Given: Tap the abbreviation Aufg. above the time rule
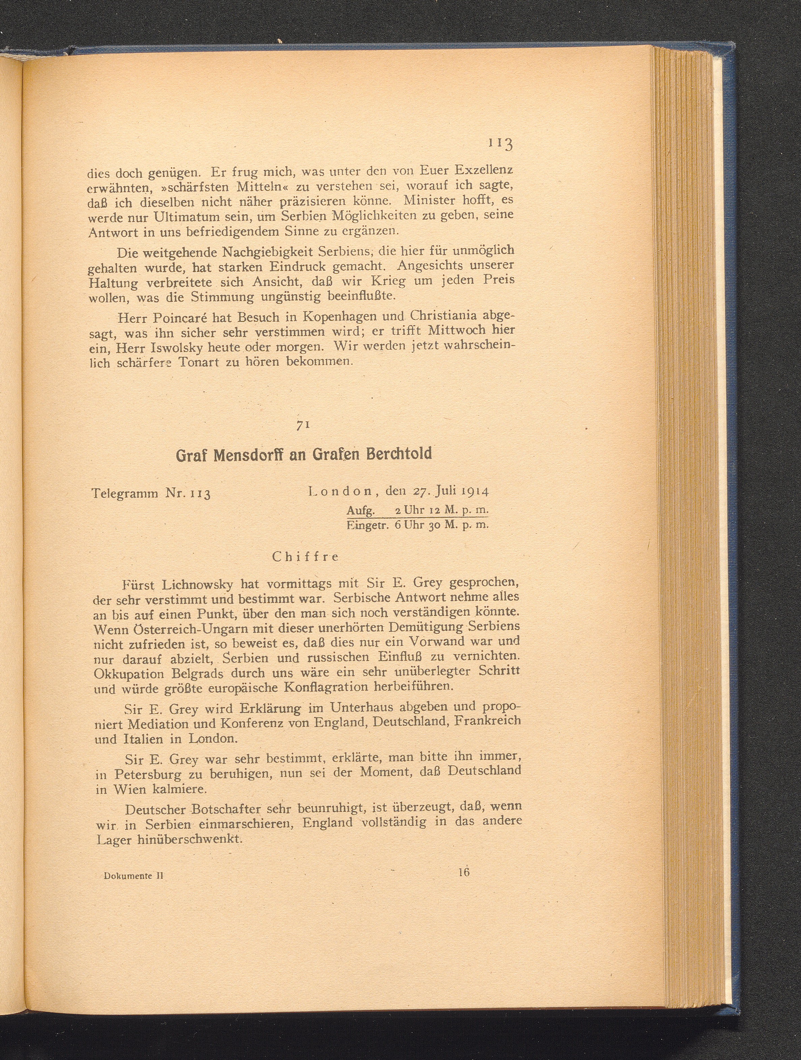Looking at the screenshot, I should point(363,509).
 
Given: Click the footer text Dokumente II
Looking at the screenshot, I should point(133,875).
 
